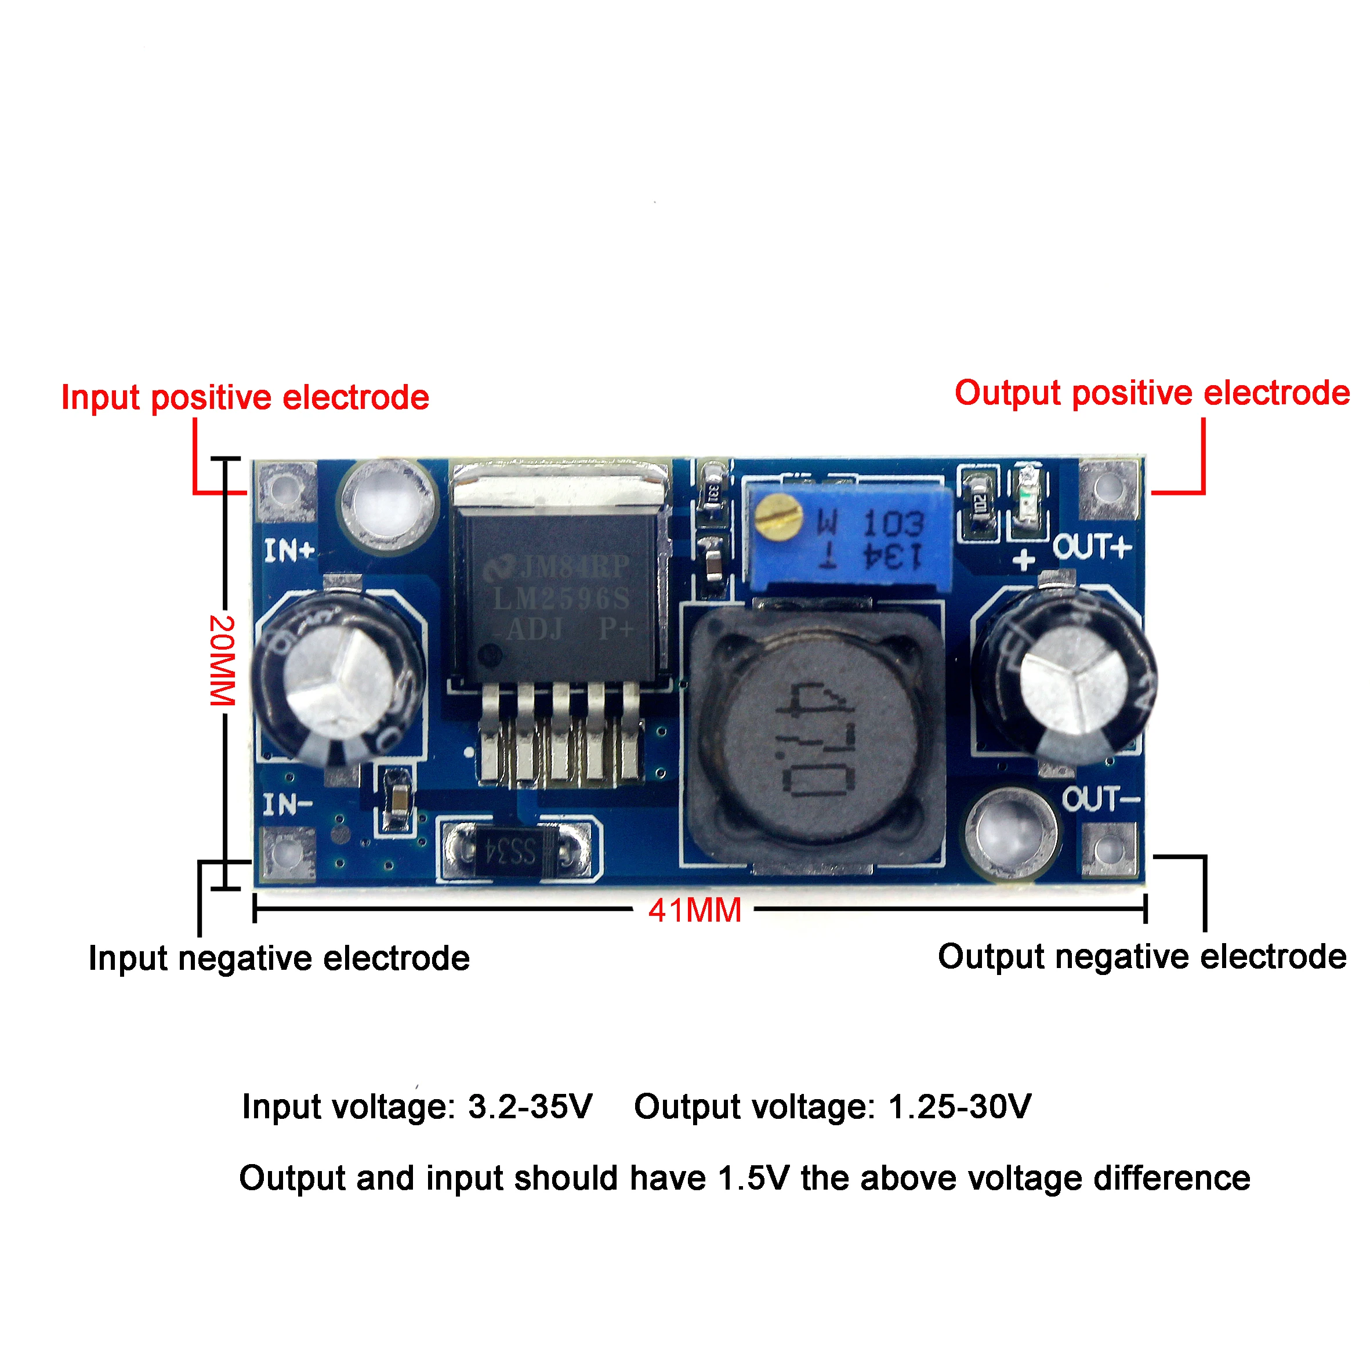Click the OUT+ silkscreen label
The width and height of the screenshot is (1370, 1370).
(1092, 547)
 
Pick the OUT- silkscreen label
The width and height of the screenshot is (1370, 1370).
(1100, 799)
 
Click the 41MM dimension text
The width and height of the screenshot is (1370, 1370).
(694, 911)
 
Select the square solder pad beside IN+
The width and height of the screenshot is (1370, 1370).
(285, 490)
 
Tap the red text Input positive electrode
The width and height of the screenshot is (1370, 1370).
(245, 398)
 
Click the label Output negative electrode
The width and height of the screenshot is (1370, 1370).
(1141, 956)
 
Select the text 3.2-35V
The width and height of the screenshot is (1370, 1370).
(530, 1106)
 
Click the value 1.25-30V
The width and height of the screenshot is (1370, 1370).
(959, 1106)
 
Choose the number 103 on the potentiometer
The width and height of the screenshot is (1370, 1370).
(893, 523)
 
